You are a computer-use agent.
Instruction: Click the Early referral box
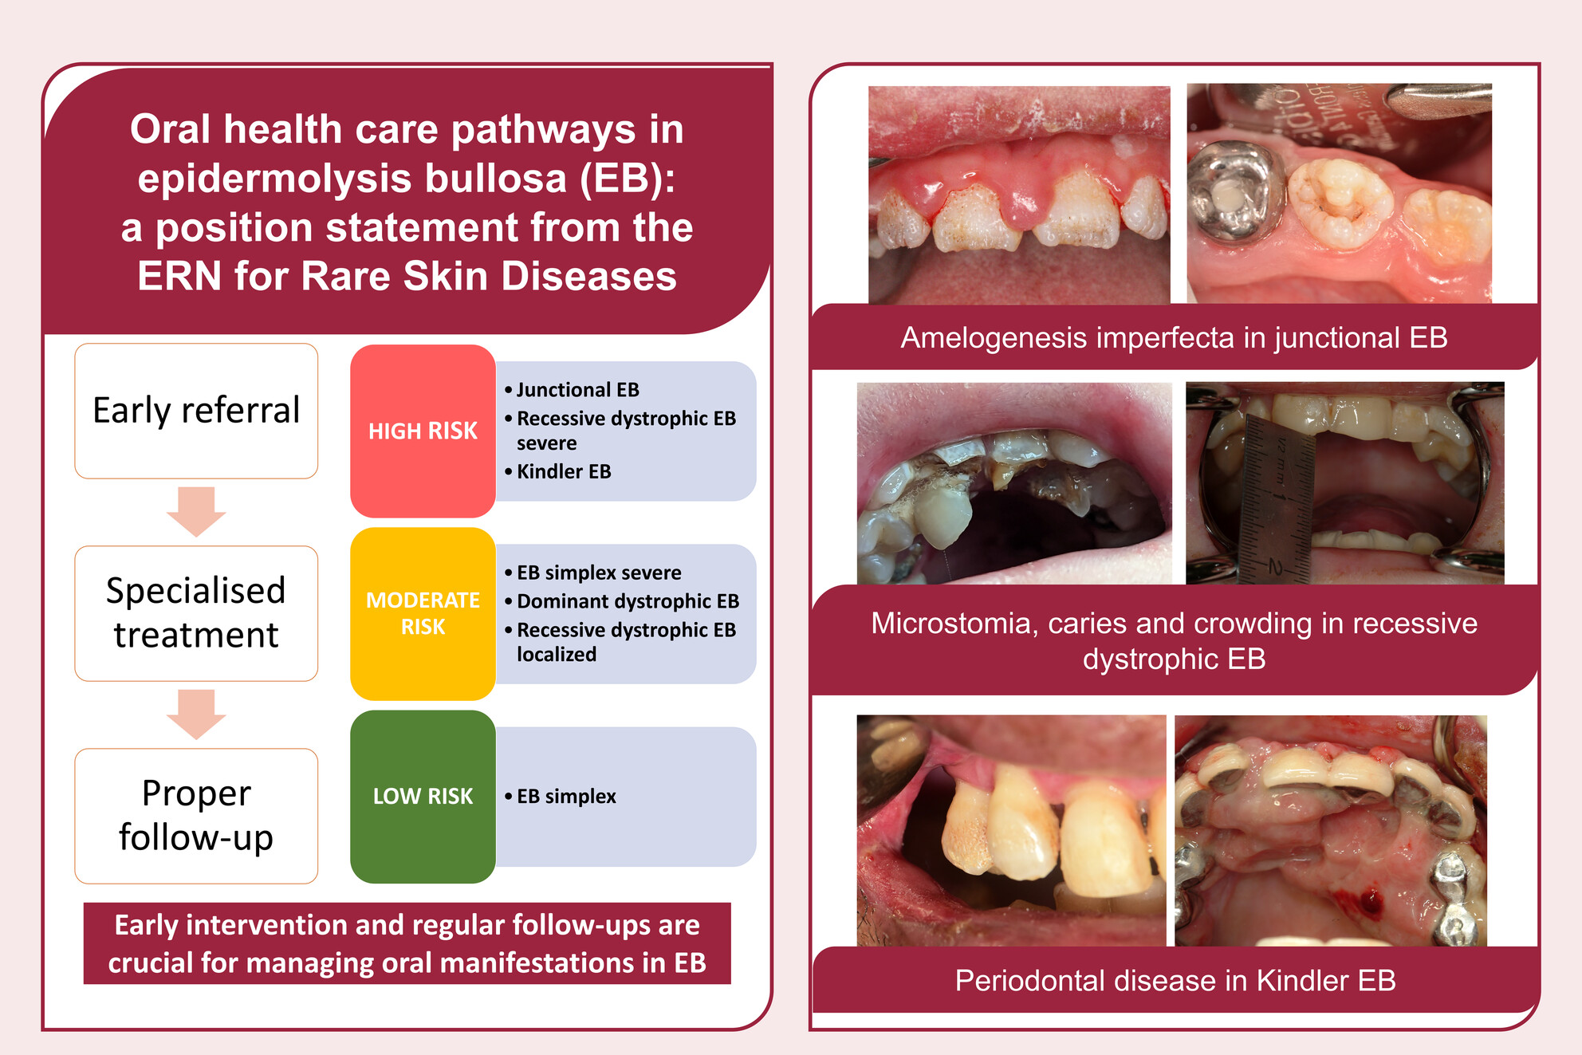pos(196,411)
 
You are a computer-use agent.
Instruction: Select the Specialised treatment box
pos(196,613)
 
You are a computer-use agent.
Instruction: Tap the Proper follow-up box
pos(196,816)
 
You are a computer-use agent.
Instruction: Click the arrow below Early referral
pos(196,511)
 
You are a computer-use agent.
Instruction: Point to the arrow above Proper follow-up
pos(196,714)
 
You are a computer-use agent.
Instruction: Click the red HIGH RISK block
pos(423,431)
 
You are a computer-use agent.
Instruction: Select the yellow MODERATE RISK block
pos(423,613)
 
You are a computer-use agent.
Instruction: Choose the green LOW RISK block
pos(423,797)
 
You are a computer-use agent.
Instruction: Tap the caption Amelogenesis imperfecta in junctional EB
pos(1174,338)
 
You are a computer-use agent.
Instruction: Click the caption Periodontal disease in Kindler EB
pos(1175,981)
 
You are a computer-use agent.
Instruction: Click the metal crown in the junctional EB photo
pos(1234,190)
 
